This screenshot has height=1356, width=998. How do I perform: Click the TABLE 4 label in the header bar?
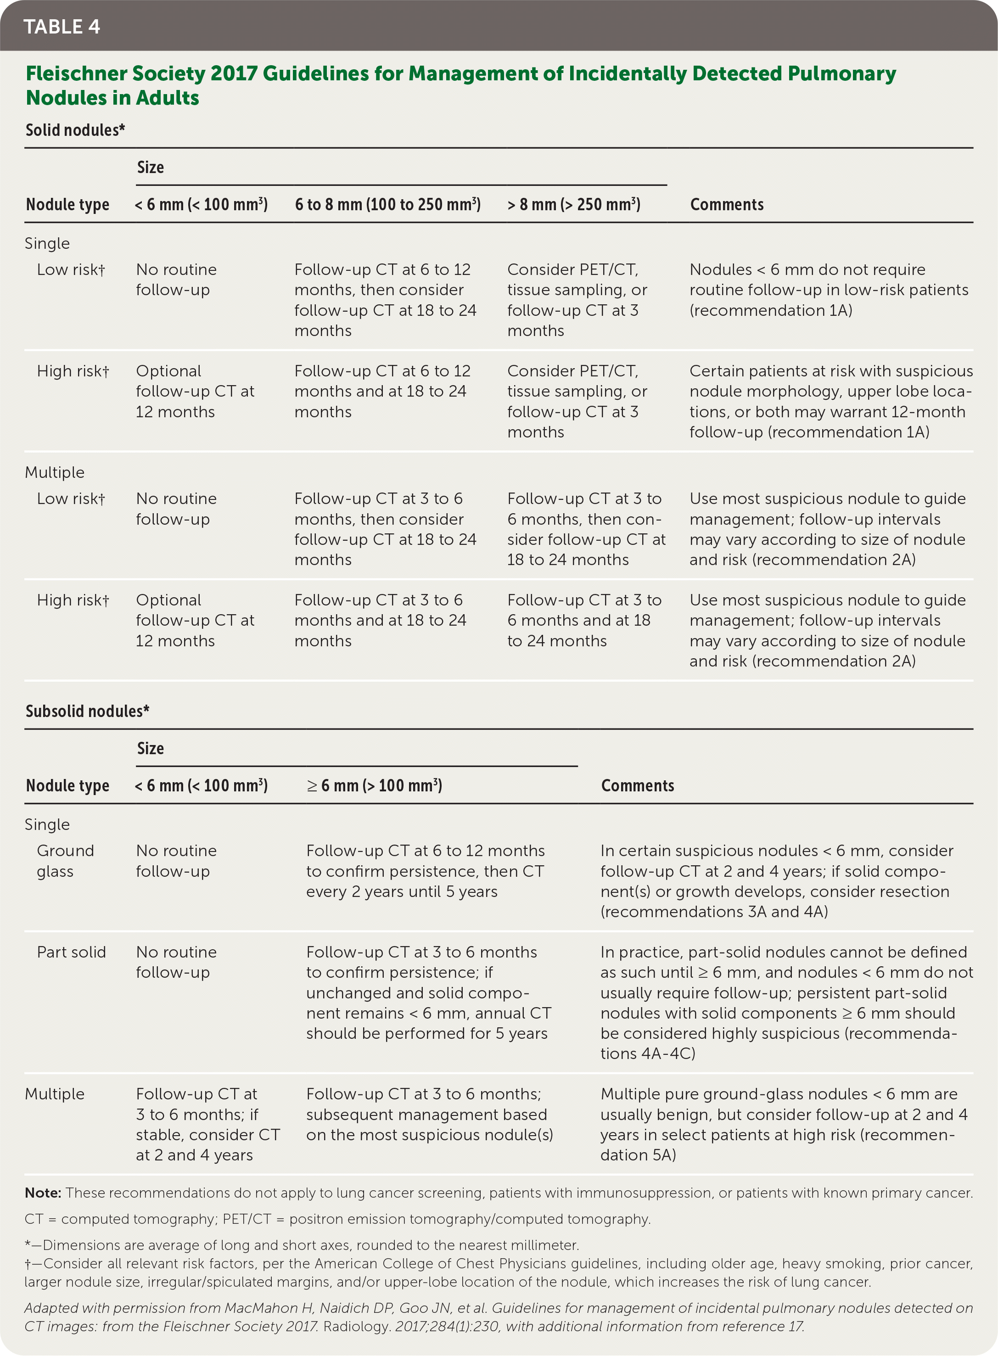point(62,27)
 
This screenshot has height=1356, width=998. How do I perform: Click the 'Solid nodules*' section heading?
point(75,130)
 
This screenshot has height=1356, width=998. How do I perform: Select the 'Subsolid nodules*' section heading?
point(87,711)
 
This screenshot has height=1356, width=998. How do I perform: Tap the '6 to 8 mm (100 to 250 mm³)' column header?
point(387,204)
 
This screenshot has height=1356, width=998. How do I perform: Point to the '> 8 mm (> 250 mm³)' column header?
point(573,204)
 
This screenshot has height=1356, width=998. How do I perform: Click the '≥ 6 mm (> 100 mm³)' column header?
point(374,785)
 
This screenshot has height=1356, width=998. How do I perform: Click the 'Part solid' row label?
point(71,952)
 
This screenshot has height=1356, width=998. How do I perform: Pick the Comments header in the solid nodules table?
point(727,204)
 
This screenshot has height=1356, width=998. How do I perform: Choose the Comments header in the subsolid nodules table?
point(637,785)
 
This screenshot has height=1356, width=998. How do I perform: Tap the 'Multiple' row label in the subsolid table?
point(54,1094)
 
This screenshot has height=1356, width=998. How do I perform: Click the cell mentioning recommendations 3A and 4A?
point(776,881)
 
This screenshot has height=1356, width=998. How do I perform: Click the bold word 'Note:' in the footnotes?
point(43,1193)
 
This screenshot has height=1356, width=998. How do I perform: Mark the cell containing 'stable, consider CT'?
point(208,1124)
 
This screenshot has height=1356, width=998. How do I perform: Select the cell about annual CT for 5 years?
point(428,992)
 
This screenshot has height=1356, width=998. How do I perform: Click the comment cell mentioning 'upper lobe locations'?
point(830,401)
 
